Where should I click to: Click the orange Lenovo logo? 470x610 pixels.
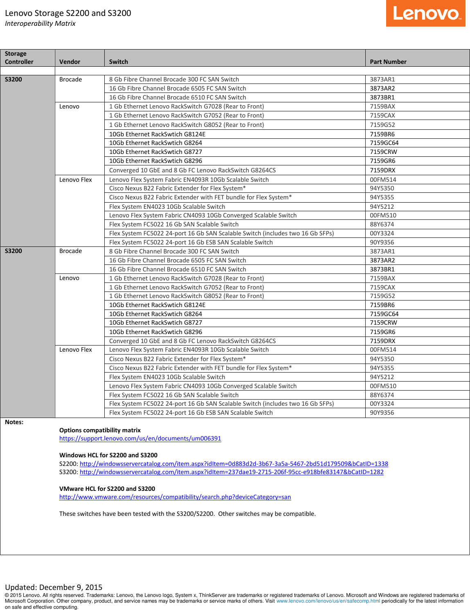pos(425,14)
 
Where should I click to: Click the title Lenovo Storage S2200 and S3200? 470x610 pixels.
pos(68,13)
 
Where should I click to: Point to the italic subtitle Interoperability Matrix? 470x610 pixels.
pos(40,24)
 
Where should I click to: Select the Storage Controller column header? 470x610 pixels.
pos(19,58)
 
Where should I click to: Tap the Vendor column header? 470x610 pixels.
pos(70,62)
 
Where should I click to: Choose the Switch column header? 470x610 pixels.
pos(119,62)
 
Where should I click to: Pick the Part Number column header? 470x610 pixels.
pos(388,62)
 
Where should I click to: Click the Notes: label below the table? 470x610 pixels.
pos(14,422)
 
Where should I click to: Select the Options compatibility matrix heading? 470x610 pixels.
pos(100,430)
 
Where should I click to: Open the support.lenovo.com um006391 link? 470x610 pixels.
pos(140,438)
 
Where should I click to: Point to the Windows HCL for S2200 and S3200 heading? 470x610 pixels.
pos(108,455)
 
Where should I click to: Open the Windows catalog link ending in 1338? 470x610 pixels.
pos(234,464)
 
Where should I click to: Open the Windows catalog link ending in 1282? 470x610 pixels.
pos(232,472)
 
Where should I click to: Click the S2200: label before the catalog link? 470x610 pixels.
pos(69,464)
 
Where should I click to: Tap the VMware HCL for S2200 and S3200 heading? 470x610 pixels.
pos(107,489)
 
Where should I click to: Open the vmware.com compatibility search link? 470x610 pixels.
pos(175,497)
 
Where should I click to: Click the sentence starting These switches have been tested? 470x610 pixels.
pos(187,514)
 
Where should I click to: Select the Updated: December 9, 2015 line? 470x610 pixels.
pos(54,587)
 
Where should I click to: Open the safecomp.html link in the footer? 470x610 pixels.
pos(328,601)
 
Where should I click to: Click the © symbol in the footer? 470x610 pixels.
pos(7,595)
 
